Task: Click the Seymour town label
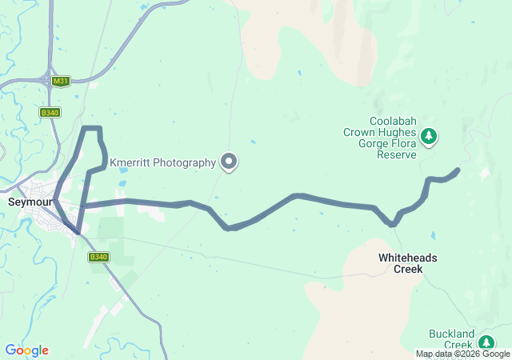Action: [30, 202]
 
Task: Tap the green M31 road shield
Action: [60, 81]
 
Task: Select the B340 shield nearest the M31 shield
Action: [50, 113]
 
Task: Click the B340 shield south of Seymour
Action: [98, 257]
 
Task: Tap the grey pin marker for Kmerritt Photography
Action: [230, 162]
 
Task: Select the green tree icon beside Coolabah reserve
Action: [430, 137]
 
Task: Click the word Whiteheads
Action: [408, 258]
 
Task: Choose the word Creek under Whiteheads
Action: [408, 270]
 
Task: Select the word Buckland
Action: [451, 333]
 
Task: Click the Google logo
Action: [26, 350]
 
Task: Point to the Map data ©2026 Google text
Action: [462, 354]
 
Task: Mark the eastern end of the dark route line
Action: [458, 170]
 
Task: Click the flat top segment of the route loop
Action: [92, 128]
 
